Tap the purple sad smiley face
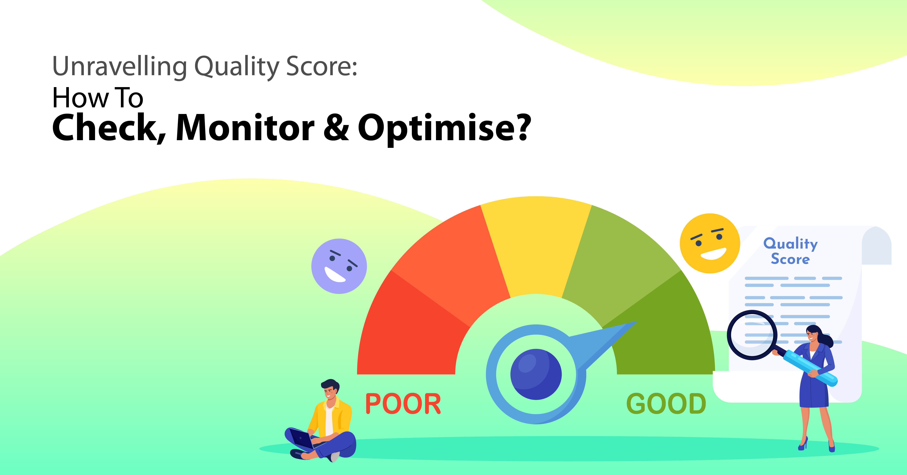click(x=339, y=266)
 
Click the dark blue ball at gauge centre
click(x=536, y=374)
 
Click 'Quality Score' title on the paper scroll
click(x=790, y=251)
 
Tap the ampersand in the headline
click(x=336, y=128)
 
